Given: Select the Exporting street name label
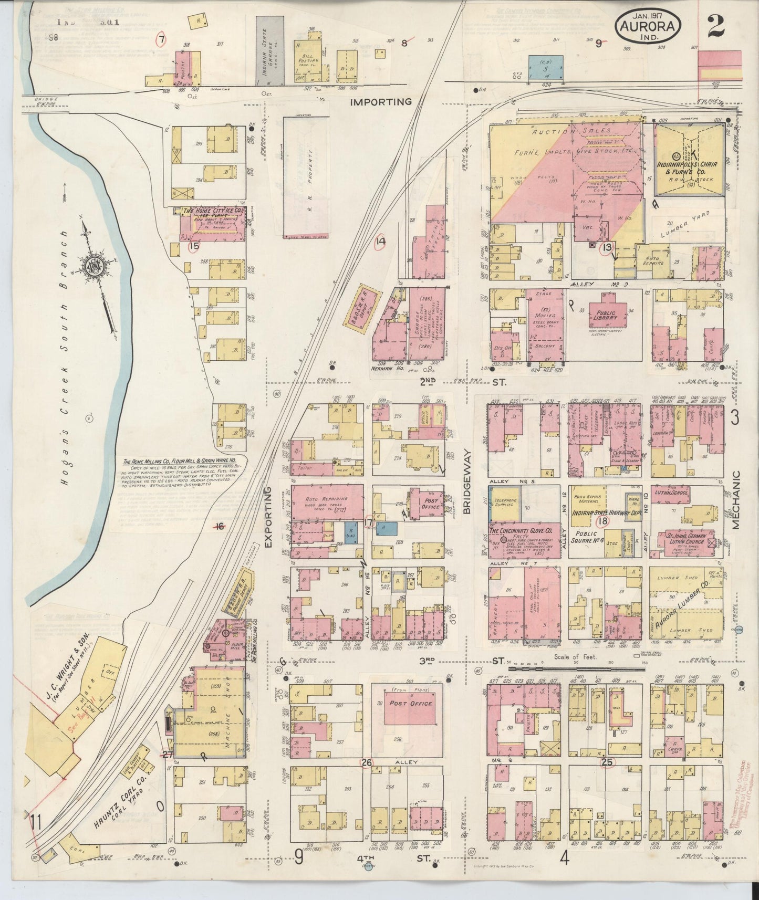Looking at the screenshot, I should coord(269,517).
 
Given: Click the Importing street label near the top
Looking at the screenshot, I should coord(382,102).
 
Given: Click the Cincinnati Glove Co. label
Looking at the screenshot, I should coord(521,531).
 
